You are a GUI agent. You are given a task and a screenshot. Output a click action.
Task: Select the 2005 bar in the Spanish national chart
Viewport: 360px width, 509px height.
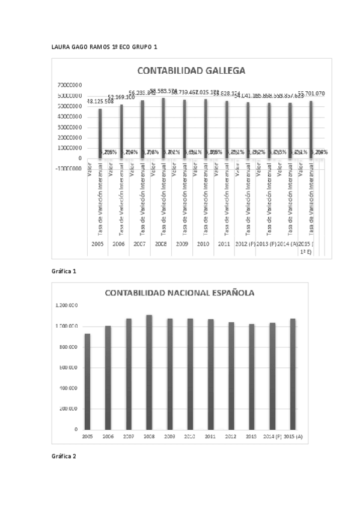pyautogui.click(x=87, y=381)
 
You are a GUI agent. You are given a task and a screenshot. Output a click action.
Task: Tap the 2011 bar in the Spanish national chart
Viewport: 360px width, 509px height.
pyautogui.click(x=210, y=374)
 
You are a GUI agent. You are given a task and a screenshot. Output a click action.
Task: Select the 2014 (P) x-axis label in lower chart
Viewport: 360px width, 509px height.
pyautogui.click(x=272, y=436)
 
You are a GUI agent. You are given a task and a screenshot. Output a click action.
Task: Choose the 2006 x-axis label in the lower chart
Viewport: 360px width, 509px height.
pyautogui.click(x=108, y=436)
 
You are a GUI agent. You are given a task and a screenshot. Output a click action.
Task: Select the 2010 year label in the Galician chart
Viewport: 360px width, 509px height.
pyautogui.click(x=203, y=245)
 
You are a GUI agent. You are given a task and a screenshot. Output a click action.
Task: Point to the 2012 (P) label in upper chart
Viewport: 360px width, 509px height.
pyautogui.click(x=244, y=245)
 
